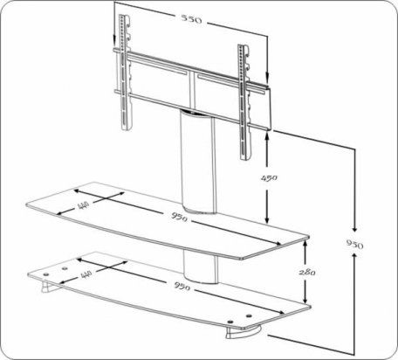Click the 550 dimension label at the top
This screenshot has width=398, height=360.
pos(191,19)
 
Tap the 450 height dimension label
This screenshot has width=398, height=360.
pos(269,177)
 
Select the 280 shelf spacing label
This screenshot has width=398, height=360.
pos(307,272)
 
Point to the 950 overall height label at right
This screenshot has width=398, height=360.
pos(354,244)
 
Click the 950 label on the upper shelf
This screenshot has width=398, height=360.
pos(179,217)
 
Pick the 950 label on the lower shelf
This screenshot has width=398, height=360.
pos(182,286)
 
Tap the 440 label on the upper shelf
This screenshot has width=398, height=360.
pos(84,205)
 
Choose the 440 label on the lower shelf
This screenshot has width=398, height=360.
pos(86,274)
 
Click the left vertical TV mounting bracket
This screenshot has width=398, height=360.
pos(126,73)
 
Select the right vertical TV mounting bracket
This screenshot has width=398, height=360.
pos(244,102)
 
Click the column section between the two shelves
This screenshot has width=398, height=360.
pos(200,267)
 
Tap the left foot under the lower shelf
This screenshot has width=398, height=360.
pos(47,286)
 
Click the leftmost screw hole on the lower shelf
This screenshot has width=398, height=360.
pos(45,274)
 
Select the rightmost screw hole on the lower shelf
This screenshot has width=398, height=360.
pos(249,315)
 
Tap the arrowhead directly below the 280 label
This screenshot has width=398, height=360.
pos(305,300)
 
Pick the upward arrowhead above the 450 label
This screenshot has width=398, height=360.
pos(267,135)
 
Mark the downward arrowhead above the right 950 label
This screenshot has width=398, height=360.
pos(354,228)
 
